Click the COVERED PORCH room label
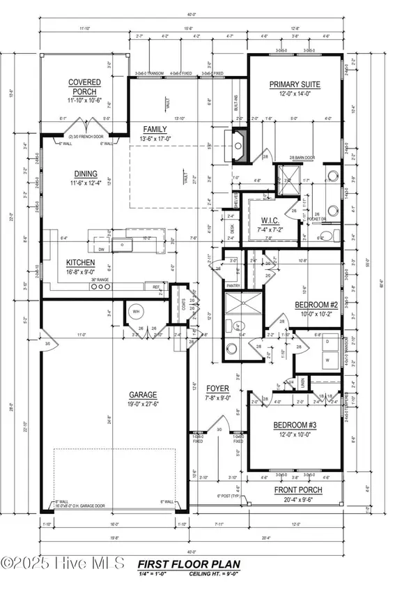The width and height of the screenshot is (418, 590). pyautogui.click(x=84, y=86)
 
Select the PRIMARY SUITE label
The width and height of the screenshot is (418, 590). pyautogui.click(x=295, y=84)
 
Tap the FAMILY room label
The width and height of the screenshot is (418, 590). pyautogui.click(x=155, y=130)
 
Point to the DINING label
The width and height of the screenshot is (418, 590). pyautogui.click(x=85, y=174)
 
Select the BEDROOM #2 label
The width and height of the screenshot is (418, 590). pyautogui.click(x=316, y=306)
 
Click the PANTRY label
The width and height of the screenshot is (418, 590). pyautogui.click(x=233, y=286)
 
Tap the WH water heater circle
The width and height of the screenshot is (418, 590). pyautogui.click(x=136, y=312)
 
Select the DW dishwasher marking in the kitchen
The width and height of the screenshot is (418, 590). pyautogui.click(x=102, y=248)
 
